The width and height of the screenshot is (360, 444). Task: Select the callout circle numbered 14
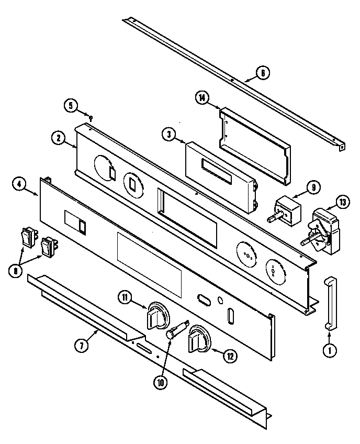203,97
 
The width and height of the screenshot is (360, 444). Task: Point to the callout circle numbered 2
59,138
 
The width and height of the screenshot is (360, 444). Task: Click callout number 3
168,134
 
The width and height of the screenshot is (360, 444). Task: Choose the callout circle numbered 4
19,185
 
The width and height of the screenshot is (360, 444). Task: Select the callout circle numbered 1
329,352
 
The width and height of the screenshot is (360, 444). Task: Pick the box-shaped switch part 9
287,208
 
